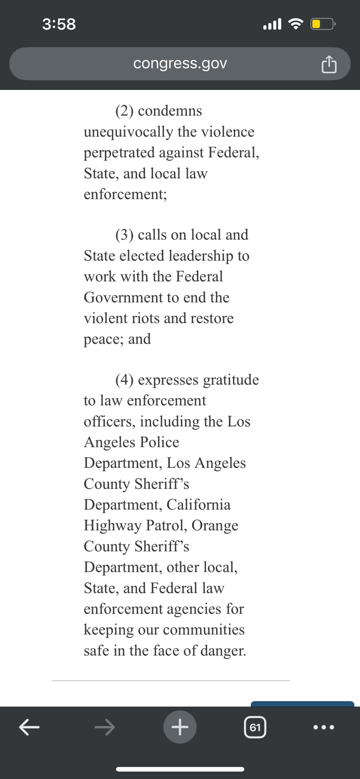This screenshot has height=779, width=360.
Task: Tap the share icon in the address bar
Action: [329, 64]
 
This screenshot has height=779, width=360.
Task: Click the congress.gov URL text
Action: [180, 63]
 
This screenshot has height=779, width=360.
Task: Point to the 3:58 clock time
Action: [59, 24]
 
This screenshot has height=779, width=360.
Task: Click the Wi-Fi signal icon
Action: [296, 24]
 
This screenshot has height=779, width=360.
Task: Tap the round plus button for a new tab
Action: [180, 727]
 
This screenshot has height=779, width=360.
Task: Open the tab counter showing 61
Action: [255, 727]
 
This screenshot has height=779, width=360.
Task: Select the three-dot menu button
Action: [323, 727]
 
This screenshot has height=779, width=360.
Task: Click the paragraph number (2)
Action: [124, 111]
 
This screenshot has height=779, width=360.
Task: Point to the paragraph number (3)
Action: [124, 235]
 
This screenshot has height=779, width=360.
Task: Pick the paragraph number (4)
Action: [124, 380]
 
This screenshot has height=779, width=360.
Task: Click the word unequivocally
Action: [128, 132]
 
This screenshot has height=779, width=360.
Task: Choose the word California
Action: [198, 505]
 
